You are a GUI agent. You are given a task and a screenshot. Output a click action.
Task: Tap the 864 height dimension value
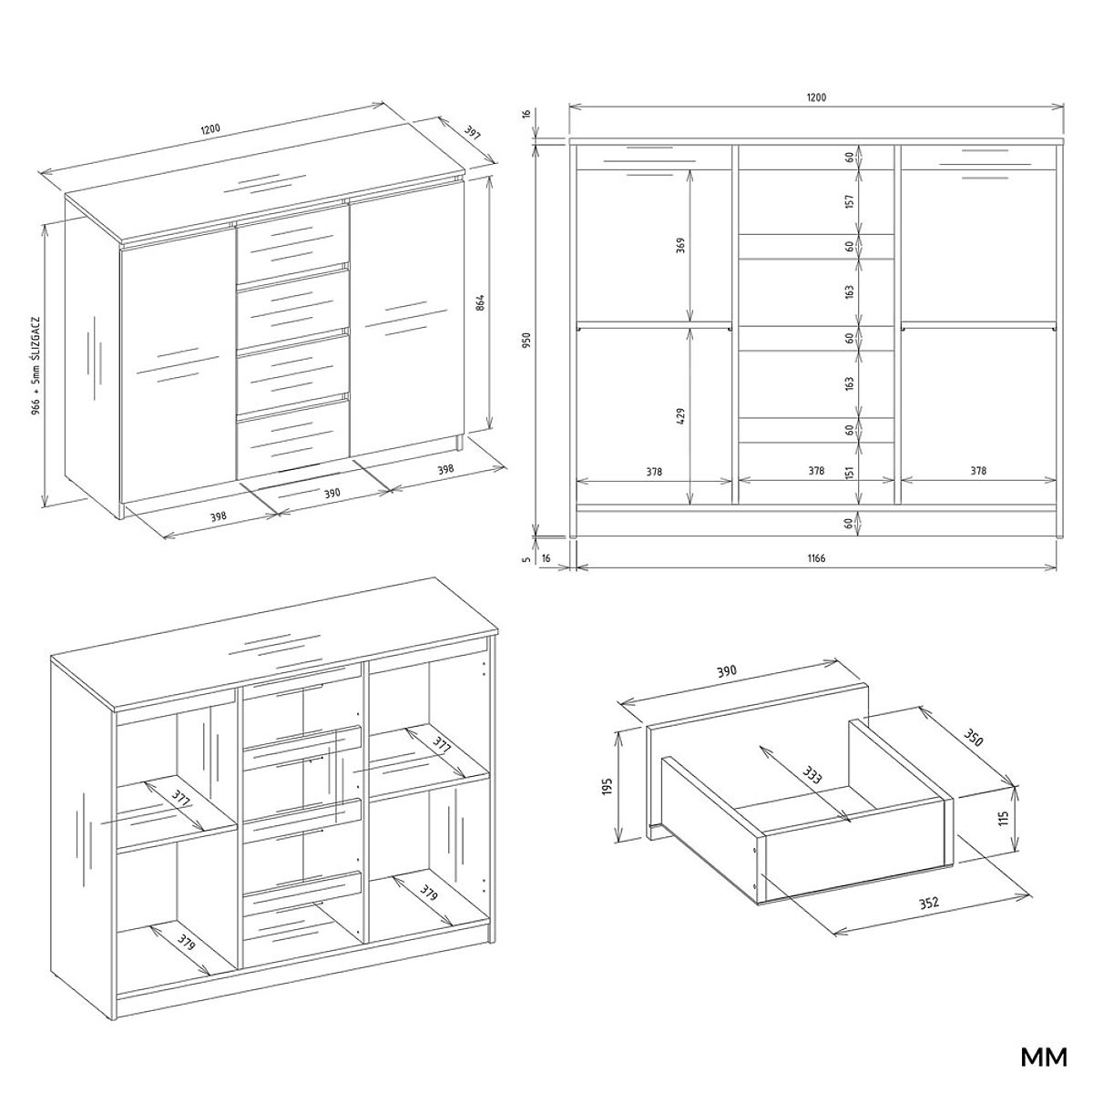479,302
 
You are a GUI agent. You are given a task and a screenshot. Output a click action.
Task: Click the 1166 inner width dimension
816,558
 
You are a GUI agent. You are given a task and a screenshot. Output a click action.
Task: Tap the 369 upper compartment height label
681,245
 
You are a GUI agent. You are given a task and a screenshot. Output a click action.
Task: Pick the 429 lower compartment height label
681,415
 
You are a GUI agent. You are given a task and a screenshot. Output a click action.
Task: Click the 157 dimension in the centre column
849,201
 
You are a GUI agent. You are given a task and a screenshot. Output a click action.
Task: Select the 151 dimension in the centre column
849,473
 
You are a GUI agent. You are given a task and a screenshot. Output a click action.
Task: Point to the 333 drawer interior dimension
812,775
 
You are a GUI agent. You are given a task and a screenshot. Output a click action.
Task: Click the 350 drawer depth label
972,737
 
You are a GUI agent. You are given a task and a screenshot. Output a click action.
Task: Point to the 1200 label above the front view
816,97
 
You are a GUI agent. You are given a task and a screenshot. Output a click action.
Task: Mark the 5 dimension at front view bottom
527,558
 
